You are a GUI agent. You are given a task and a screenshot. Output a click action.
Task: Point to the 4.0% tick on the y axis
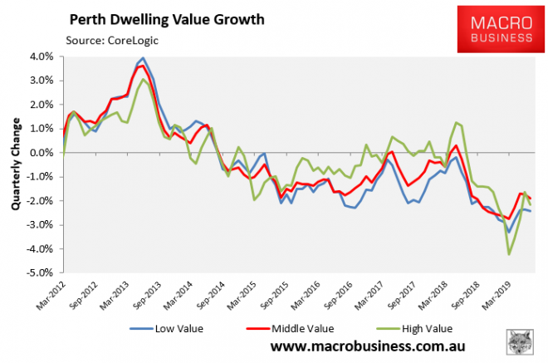pos(42,57)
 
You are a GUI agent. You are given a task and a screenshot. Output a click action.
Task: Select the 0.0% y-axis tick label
pos(42,153)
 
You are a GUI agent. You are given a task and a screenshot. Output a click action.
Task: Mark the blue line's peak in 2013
pos(143,58)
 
